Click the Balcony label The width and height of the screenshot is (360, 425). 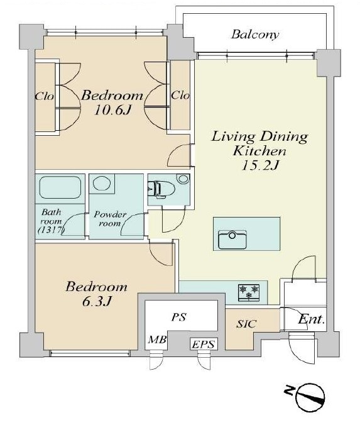point(255,35)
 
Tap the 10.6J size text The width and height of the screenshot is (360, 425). point(112,109)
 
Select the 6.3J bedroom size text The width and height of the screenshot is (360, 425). point(97,301)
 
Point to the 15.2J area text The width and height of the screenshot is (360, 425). point(260,165)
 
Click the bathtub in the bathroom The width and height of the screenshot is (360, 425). point(60,187)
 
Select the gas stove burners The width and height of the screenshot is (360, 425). point(249,292)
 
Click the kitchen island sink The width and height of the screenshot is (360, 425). point(232,240)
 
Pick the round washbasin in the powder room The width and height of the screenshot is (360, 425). point(102,183)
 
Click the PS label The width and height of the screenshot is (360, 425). point(179,317)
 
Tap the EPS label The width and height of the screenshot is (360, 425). point(204,345)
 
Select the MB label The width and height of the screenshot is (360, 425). point(157,339)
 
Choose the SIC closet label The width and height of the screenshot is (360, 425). point(246,324)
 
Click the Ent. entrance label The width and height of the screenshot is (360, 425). point(312,319)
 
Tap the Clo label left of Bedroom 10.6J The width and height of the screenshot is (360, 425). point(44,96)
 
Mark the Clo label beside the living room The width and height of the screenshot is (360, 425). point(180,95)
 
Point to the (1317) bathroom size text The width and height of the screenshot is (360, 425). point(51,230)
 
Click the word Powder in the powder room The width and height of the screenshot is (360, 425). point(110,214)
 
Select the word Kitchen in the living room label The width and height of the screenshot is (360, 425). point(259,151)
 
